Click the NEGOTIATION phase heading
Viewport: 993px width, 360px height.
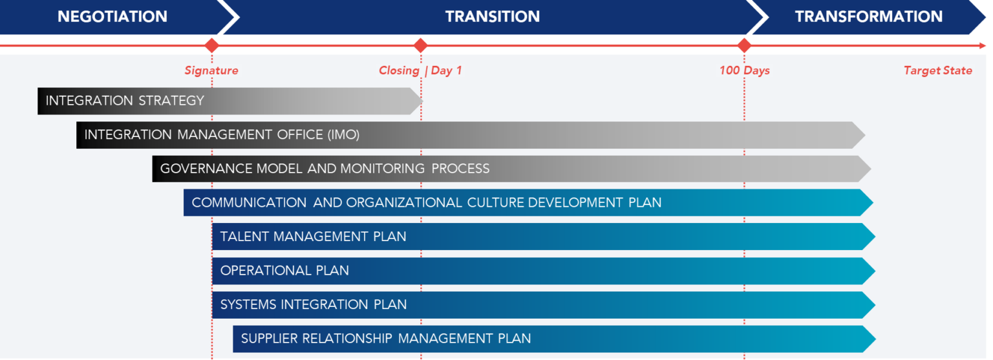tap(112, 17)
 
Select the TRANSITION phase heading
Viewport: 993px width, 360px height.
tap(493, 17)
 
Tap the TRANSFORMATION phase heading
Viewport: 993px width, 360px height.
tap(869, 17)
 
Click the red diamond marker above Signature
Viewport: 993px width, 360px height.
tap(211, 45)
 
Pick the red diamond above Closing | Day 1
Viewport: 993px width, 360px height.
tap(421, 45)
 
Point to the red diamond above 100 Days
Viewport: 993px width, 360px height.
tap(744, 45)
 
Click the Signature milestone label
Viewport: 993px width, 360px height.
tap(211, 70)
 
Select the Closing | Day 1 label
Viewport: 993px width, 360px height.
tap(421, 70)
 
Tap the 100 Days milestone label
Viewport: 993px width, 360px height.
tap(744, 70)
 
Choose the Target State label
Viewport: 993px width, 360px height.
tap(938, 70)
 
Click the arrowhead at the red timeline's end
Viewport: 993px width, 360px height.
tap(983, 46)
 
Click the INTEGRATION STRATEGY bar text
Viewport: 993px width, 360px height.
tap(125, 101)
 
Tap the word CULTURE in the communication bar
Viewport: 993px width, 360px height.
tap(495, 202)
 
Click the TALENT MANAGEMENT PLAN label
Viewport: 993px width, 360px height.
tap(313, 237)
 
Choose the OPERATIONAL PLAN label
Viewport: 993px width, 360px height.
tap(284, 270)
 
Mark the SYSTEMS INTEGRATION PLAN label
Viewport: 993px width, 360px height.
tap(314, 304)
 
